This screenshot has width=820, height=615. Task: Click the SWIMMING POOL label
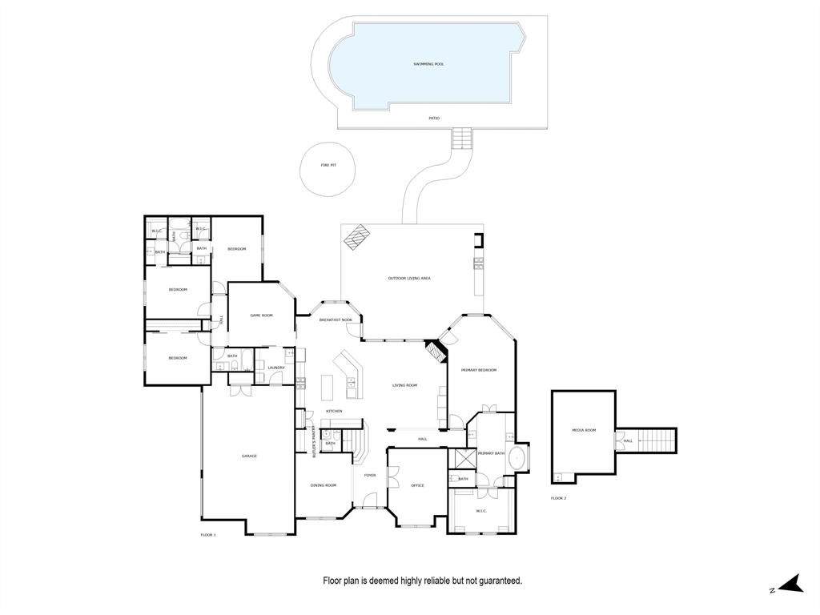pyautogui.click(x=428, y=63)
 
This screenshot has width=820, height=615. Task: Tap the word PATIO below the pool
pyautogui.click(x=434, y=118)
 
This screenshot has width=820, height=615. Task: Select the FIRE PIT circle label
pyautogui.click(x=328, y=165)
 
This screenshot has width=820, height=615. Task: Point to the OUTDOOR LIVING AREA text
pyautogui.click(x=409, y=278)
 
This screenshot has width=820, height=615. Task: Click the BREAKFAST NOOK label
pyautogui.click(x=336, y=320)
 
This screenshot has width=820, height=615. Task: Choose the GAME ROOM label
pyautogui.click(x=261, y=315)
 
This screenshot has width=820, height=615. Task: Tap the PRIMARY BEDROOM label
pyautogui.click(x=479, y=370)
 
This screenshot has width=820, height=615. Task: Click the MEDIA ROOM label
pyautogui.click(x=584, y=430)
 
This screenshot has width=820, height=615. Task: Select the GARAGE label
pyautogui.click(x=249, y=456)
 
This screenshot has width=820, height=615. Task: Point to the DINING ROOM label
pyautogui.click(x=324, y=485)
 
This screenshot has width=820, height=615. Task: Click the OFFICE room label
pyautogui.click(x=417, y=485)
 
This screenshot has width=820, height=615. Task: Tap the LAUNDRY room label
pyautogui.click(x=276, y=368)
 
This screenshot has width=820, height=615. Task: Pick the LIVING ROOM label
pyautogui.click(x=404, y=385)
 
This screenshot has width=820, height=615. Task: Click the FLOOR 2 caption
pyautogui.click(x=558, y=498)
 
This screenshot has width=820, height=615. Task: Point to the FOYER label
pyautogui.click(x=370, y=475)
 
